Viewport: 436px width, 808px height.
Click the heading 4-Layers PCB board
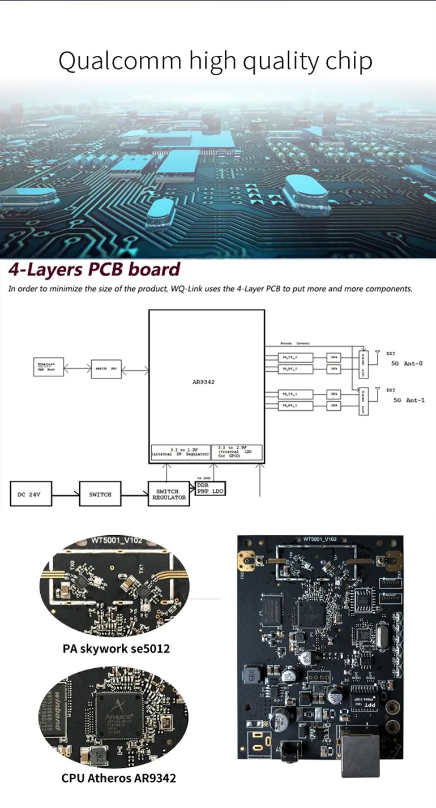(x=94, y=269)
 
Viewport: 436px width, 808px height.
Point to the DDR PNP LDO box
(x=210, y=489)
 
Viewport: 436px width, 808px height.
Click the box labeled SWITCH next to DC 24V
(x=100, y=495)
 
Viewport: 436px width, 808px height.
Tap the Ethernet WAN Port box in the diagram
(x=49, y=367)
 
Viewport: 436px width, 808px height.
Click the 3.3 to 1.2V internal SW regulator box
(x=180, y=452)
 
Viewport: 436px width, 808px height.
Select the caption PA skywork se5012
(x=116, y=648)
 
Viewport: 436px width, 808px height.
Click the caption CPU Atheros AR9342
(x=118, y=778)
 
